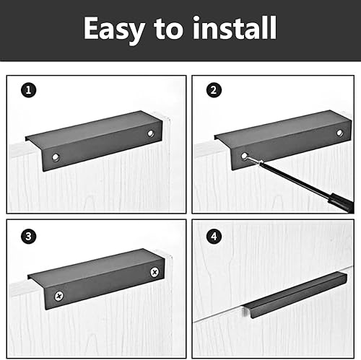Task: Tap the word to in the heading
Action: coord(168,29)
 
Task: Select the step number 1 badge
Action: coord(29,90)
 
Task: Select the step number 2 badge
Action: coord(214,90)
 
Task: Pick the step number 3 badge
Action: coord(29,236)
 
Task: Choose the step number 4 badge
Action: coord(214,236)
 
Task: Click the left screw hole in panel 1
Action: coord(56,157)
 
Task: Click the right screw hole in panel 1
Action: coord(151,133)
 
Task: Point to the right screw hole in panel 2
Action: coord(339,133)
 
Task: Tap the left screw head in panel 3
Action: coord(59,296)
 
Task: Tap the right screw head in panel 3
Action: coord(155,272)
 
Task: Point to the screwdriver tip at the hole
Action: coord(248,157)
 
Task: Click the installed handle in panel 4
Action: coord(295,295)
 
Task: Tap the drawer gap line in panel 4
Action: coord(273,294)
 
